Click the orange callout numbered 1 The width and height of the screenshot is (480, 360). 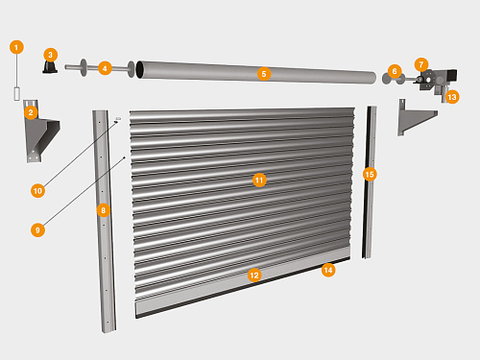16,47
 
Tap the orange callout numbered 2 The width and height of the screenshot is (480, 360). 31,112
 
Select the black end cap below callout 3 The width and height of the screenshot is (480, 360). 50,67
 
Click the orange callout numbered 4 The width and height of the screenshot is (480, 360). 105,68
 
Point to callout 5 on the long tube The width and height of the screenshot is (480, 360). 264,74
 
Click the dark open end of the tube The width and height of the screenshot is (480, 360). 140,69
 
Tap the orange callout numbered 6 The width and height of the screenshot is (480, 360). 395,71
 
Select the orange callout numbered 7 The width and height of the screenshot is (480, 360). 421,64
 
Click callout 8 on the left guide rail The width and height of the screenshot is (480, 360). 103,210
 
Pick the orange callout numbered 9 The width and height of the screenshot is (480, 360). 37,230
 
